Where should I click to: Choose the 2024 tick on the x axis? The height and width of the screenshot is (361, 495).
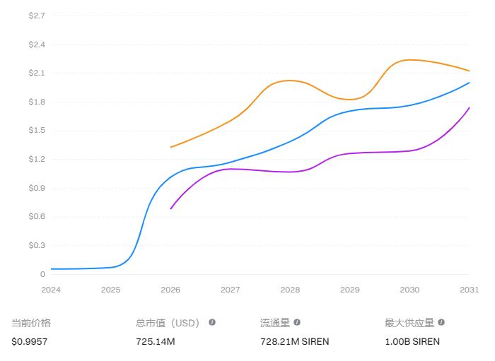[x=51, y=290]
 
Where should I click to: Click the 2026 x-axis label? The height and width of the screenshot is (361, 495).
[x=170, y=290]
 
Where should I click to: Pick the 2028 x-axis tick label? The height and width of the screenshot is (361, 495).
[x=290, y=290]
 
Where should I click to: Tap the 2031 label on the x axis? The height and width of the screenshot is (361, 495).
[x=470, y=290]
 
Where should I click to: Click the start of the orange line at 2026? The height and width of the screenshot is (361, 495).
[x=170, y=147]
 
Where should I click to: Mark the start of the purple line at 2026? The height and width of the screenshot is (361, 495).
[x=170, y=208]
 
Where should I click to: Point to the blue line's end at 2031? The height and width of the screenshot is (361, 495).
[x=470, y=83]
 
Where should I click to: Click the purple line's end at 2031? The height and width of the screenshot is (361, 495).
[x=470, y=107]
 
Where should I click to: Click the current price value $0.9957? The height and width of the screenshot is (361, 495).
[x=28, y=341]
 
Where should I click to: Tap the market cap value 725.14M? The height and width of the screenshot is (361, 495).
[x=155, y=341]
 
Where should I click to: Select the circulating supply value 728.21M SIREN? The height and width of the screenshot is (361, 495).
[x=294, y=341]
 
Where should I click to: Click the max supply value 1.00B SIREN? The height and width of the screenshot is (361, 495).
[x=412, y=341]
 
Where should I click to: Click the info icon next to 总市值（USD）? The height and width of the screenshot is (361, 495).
[x=212, y=322]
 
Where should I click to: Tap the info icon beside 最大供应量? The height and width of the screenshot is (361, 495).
[x=441, y=322]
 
